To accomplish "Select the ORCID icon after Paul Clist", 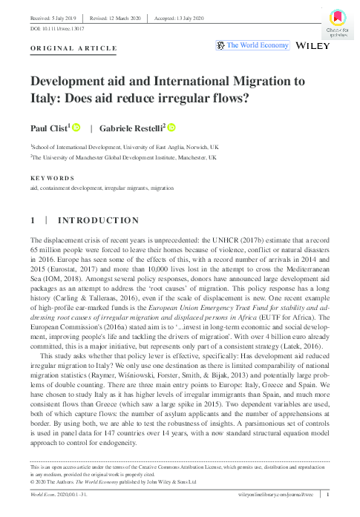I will click(x=75, y=128).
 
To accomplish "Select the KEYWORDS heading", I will click(x=52, y=179).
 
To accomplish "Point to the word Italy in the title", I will click(x=44, y=97).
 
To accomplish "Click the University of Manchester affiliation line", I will click(x=124, y=158).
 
